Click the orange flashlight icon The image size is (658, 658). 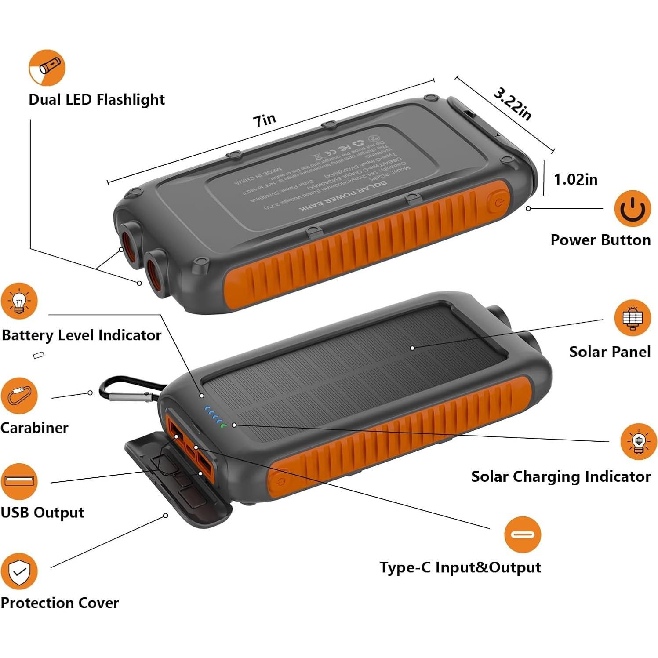point(47,68)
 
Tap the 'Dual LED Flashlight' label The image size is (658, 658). point(96,100)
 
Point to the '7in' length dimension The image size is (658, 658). point(265,120)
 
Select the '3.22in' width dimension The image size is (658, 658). point(512,104)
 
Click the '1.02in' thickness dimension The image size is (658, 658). point(575,179)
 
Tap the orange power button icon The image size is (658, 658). point(632,208)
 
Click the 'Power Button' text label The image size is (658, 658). point(600,240)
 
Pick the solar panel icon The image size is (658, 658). point(632,317)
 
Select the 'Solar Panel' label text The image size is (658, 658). point(609,352)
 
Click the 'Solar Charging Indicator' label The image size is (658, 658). point(560,476)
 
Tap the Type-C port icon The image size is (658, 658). point(522,534)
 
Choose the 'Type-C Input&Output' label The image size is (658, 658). point(460,567)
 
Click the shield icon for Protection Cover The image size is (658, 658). point(19,571)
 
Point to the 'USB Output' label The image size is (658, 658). point(42,513)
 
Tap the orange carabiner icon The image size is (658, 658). point(19,395)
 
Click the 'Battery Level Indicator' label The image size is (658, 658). point(82,335)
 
